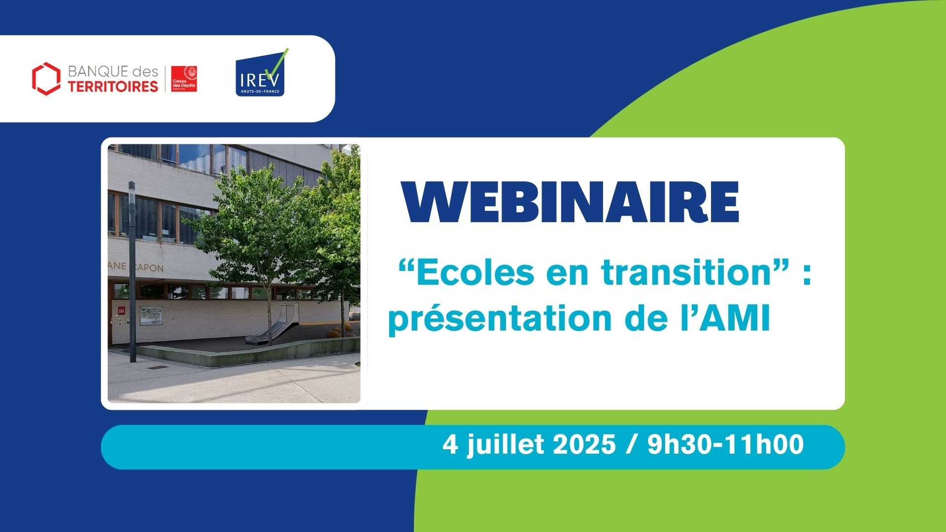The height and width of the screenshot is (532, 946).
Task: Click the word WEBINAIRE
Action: (x=572, y=203)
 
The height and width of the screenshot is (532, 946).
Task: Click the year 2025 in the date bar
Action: (x=584, y=444)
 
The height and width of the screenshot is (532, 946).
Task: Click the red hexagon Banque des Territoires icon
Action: (x=46, y=78)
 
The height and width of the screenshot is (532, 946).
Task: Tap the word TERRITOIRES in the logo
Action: (x=113, y=87)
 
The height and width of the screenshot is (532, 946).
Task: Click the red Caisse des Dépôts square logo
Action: (x=184, y=78)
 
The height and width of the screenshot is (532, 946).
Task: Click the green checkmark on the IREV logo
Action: (x=277, y=64)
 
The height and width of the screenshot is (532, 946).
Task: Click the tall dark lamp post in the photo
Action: (x=132, y=272)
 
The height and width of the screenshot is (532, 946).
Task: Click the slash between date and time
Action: (x=632, y=445)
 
